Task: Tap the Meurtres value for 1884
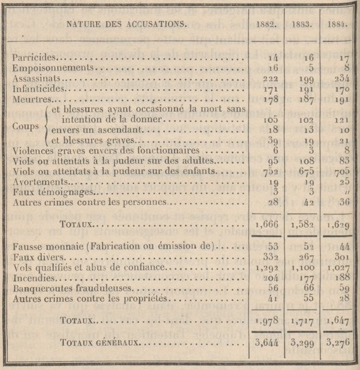coord(338,100)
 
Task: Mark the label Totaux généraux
coord(102,342)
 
